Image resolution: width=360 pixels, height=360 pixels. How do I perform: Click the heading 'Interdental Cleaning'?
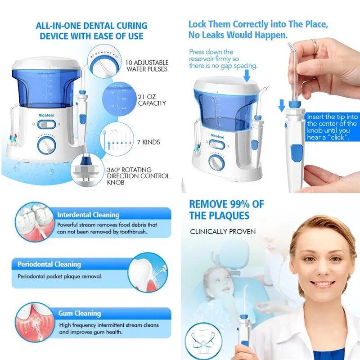(x=88, y=215)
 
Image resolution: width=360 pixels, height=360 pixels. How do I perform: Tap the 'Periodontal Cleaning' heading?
(x=49, y=264)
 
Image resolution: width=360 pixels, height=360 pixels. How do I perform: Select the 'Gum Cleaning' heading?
(x=79, y=313)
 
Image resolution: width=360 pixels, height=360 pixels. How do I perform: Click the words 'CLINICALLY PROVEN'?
(x=222, y=232)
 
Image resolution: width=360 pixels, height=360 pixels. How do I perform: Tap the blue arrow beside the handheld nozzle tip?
(x=282, y=105)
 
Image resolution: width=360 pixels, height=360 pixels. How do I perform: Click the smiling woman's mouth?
(x=320, y=284)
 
